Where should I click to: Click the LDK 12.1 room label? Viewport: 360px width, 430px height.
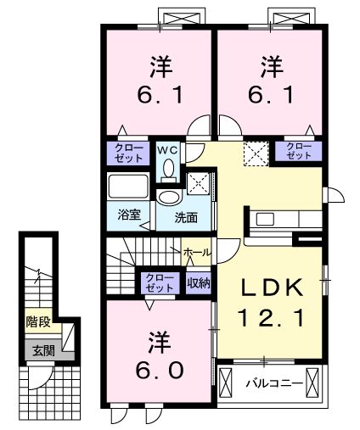(x=269, y=304)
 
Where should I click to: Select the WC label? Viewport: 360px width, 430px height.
(x=168, y=151)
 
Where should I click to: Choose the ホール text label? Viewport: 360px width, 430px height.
(x=197, y=252)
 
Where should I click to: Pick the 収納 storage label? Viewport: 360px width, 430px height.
(x=198, y=282)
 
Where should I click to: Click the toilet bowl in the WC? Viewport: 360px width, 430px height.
(x=168, y=170)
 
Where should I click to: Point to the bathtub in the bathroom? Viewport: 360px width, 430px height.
(x=129, y=186)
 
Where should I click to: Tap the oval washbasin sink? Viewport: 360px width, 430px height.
(x=170, y=198)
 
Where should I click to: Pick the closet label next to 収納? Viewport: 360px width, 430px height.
(x=158, y=282)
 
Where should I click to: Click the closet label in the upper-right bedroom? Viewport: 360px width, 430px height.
(x=298, y=152)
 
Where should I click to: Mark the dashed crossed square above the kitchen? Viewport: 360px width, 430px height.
(x=255, y=154)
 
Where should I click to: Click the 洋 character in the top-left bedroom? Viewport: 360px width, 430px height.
(x=160, y=64)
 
